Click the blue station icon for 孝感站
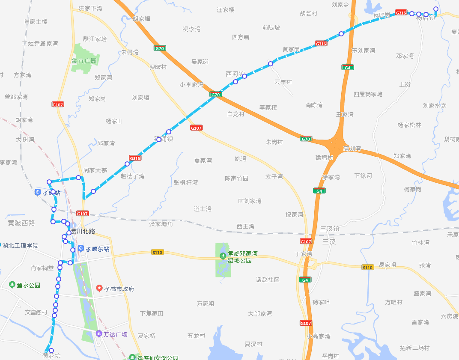tap(38, 193)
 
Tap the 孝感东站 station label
tap(98, 249)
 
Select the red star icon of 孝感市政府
tap(99, 289)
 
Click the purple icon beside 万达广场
tap(99, 334)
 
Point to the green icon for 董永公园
tap(12, 285)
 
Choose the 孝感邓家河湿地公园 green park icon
tap(222, 256)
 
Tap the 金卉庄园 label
tap(84, 61)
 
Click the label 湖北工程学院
tap(20, 246)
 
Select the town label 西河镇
tap(235, 74)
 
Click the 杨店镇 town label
tap(426, 18)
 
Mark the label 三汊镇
tap(330, 229)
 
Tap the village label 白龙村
tap(235, 114)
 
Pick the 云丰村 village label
tap(283, 82)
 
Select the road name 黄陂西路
tap(21, 223)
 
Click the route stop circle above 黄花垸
tap(51, 351)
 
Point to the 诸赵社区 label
tap(268, 280)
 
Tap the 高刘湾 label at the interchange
tap(352, 149)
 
